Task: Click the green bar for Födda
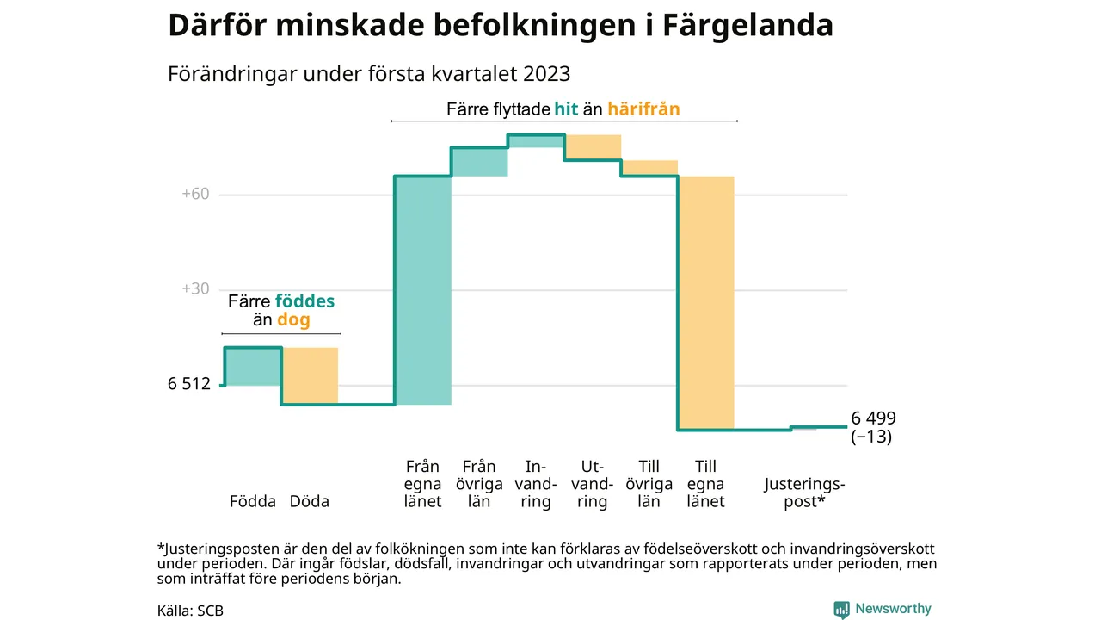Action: [x=253, y=366]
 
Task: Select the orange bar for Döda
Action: [x=310, y=376]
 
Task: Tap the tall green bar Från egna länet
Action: [x=423, y=290]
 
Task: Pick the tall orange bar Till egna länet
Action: [x=706, y=302]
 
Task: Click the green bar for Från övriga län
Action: [x=480, y=162]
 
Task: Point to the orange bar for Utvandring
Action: [x=593, y=147]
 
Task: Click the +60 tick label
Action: [x=195, y=195]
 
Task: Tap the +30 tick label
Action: [x=195, y=289]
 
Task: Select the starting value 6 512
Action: [x=189, y=384]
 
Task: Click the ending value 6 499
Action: [x=874, y=418]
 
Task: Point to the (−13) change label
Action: [x=871, y=437]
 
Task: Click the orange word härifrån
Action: [x=643, y=109]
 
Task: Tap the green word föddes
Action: [x=304, y=302]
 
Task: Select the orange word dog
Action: [x=293, y=320]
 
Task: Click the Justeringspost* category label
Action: [x=804, y=493]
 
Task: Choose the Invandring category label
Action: [x=536, y=484]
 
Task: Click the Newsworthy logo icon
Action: [x=841, y=610]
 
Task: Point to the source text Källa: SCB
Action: [x=190, y=611]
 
